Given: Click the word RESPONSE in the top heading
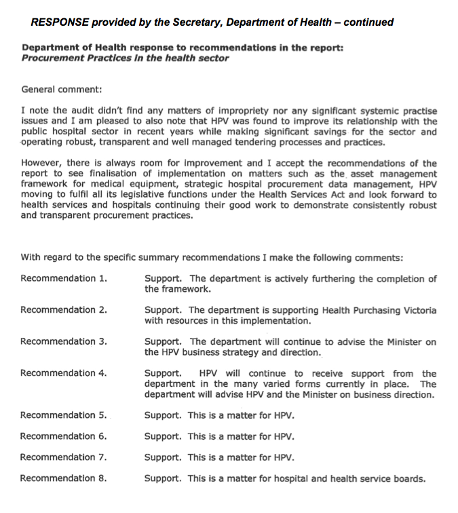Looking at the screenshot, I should (60, 22).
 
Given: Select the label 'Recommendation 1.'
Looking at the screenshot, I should (64, 279).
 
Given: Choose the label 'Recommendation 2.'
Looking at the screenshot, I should (64, 310).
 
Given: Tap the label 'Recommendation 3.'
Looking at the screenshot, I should (64, 342).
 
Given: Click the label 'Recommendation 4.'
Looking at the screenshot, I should (64, 373).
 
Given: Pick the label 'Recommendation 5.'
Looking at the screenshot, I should (64, 415).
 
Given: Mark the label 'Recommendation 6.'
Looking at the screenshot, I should (64, 436).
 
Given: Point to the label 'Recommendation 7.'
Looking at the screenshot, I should (64, 457).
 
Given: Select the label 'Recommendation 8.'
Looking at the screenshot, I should (64, 478).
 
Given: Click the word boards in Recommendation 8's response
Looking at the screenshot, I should (408, 479).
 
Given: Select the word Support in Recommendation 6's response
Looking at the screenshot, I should (162, 436).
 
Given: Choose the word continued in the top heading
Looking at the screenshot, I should (368, 22).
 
